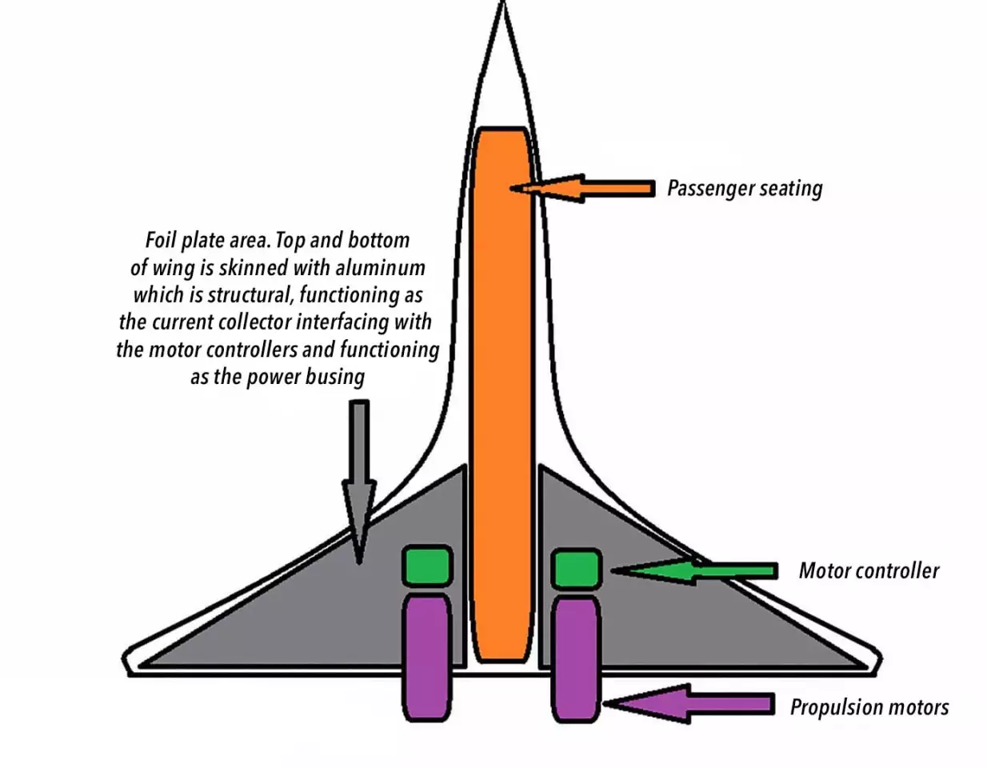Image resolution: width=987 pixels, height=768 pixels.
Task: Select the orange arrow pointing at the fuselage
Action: [592, 189]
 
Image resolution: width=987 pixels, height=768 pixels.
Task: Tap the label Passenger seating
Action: [744, 189]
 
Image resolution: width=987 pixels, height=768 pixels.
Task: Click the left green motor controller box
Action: [428, 565]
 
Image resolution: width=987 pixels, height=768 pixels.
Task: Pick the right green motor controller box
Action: [577, 569]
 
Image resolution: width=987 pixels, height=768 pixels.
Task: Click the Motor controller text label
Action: [869, 570]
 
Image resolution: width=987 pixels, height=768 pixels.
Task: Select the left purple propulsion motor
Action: [428, 656]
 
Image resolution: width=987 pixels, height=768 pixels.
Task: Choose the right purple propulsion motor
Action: [576, 658]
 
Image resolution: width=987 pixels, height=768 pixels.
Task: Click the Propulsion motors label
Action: [869, 707]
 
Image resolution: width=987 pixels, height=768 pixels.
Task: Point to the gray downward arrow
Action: [359, 480]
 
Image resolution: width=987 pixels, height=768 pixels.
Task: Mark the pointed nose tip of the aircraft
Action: [502, 6]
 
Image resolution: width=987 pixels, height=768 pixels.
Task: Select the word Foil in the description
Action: [160, 240]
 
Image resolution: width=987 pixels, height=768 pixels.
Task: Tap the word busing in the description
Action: [338, 377]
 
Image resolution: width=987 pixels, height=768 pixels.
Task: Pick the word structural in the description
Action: [251, 295]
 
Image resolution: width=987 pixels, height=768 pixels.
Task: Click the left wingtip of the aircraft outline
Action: [126, 662]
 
